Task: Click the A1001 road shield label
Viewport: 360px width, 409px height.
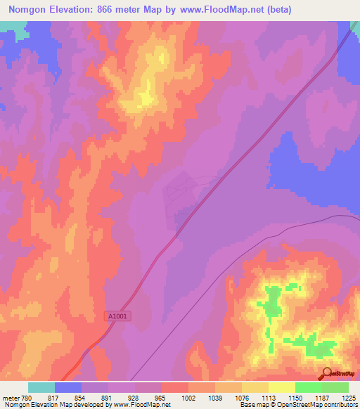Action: [120, 317]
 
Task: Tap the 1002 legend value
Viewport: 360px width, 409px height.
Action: [189, 397]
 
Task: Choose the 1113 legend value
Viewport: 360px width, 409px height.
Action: [269, 397]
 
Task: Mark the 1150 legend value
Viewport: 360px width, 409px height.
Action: [295, 397]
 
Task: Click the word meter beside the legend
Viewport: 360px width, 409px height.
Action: [11, 397]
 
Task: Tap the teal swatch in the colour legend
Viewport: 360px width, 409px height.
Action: [41, 387]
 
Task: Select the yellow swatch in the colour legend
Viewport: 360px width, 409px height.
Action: [281, 387]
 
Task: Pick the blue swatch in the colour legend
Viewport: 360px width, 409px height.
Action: [68, 387]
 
